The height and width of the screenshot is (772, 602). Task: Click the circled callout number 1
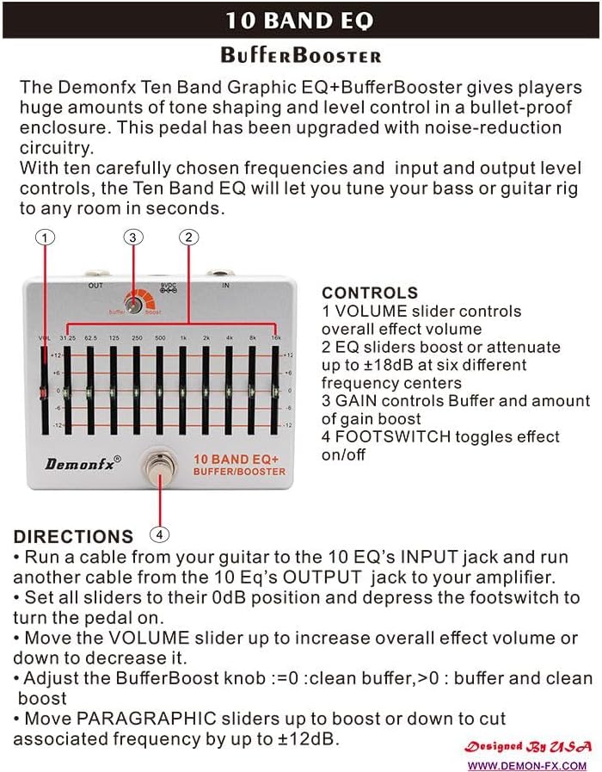(46, 237)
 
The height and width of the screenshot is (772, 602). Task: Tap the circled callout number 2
(189, 237)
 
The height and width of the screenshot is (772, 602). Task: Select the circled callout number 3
(132, 237)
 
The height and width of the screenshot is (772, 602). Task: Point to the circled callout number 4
(159, 534)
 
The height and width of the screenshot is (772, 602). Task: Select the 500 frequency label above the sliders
(160, 337)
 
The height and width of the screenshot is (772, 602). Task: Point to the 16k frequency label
(274, 337)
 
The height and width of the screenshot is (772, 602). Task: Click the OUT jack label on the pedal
(95, 284)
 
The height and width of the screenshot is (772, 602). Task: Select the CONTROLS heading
(370, 293)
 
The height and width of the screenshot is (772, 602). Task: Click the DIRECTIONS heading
(73, 536)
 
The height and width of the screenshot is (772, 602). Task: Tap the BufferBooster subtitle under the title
(301, 56)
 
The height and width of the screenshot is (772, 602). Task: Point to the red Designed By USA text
(527, 746)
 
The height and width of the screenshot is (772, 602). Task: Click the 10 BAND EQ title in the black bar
(301, 21)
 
